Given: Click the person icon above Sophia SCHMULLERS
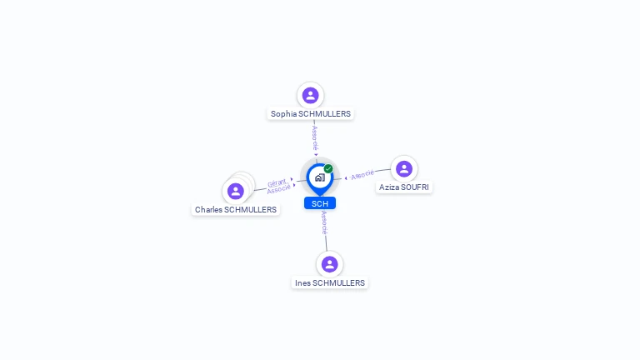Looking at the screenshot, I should pyautogui.click(x=311, y=95).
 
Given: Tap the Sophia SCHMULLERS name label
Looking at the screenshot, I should pyautogui.click(x=311, y=113).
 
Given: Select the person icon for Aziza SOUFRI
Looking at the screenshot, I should pyautogui.click(x=404, y=169).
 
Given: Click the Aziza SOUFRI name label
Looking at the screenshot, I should pyautogui.click(x=404, y=187).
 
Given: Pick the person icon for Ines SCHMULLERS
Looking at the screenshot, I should pyautogui.click(x=330, y=264).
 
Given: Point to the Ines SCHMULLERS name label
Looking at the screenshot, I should pyautogui.click(x=330, y=283).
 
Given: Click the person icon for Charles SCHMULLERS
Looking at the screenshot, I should pyautogui.click(x=236, y=192).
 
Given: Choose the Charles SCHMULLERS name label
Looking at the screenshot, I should pyautogui.click(x=236, y=210).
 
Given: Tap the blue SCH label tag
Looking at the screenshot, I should pyautogui.click(x=320, y=203).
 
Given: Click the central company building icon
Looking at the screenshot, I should pyautogui.click(x=319, y=177).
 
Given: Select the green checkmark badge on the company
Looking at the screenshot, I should pyautogui.click(x=328, y=168).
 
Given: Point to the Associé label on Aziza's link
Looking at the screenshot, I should pyautogui.click(x=362, y=175).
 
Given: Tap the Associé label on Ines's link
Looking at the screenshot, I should pyautogui.click(x=324, y=222).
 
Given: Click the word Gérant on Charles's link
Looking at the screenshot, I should pyautogui.click(x=277, y=182).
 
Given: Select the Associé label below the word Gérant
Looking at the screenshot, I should pyautogui.click(x=278, y=190).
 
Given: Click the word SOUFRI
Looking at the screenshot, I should pyautogui.click(x=414, y=187).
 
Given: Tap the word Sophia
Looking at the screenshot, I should pyautogui.click(x=283, y=113).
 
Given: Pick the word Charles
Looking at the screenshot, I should pyautogui.click(x=208, y=210).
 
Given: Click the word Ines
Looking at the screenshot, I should pyautogui.click(x=302, y=283).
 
